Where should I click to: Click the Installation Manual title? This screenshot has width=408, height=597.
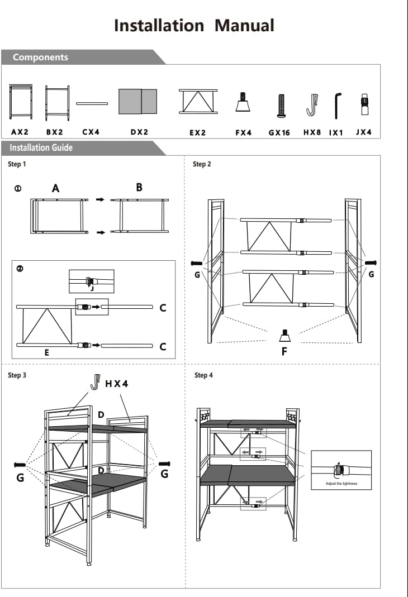click(x=194, y=26)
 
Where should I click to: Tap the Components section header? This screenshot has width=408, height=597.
click(x=40, y=57)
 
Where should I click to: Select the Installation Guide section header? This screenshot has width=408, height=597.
click(x=41, y=148)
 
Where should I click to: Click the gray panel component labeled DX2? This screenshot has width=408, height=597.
click(x=137, y=101)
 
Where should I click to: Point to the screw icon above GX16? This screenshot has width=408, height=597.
click(x=279, y=106)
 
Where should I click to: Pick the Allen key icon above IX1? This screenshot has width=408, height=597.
click(x=337, y=106)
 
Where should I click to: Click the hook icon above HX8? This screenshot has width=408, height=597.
click(x=311, y=104)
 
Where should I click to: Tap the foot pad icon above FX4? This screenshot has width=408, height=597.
click(x=243, y=102)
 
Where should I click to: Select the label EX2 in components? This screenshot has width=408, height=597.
click(x=198, y=133)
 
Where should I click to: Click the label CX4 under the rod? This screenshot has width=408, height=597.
click(x=91, y=132)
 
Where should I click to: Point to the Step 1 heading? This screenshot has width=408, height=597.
click(x=17, y=164)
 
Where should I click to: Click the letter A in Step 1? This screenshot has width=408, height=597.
click(x=55, y=189)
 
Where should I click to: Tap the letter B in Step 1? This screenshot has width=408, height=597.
click(x=139, y=188)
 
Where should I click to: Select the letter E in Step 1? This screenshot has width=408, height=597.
click(x=46, y=353)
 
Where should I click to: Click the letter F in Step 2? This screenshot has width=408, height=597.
click(x=284, y=352)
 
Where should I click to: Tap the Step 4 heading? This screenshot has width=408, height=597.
click(x=203, y=375)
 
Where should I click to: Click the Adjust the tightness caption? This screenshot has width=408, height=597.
click(x=341, y=483)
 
